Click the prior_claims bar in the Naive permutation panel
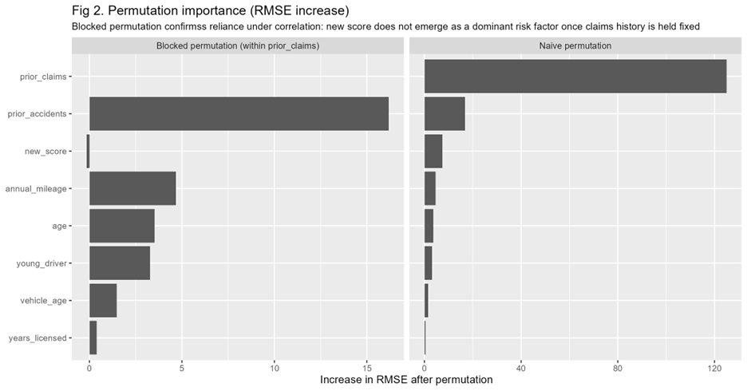click(575, 76)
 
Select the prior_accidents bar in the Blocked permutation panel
click(239, 113)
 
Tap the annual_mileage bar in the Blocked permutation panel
click(132, 188)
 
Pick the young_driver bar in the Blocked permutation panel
click(120, 263)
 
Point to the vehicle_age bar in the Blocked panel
click(103, 300)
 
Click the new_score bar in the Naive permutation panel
click(433, 151)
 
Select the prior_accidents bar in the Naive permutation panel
click(445, 113)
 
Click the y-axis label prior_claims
click(44, 77)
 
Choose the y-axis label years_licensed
click(38, 338)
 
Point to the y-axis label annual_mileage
click(36, 189)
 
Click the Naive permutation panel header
click(575, 46)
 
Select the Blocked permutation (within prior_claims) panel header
click(238, 46)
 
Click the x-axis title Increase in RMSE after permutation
click(406, 380)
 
